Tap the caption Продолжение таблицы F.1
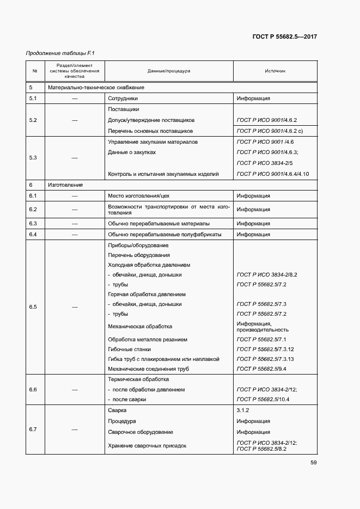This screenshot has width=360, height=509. point(60,53)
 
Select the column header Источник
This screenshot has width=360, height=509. point(275,71)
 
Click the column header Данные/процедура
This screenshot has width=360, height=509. point(169,71)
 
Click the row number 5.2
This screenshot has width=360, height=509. point(32,120)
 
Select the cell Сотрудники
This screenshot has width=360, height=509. point(123,99)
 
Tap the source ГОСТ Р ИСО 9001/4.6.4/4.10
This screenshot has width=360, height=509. point(273,174)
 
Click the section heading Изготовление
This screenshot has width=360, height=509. point(65,185)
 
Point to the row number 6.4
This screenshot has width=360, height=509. point(32,235)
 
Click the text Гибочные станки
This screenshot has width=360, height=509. point(130,349)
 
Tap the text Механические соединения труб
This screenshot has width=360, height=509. point(149,369)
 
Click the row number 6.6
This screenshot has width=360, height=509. point(32,390)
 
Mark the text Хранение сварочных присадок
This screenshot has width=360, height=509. point(147,446)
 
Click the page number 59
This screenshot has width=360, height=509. point(313,463)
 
